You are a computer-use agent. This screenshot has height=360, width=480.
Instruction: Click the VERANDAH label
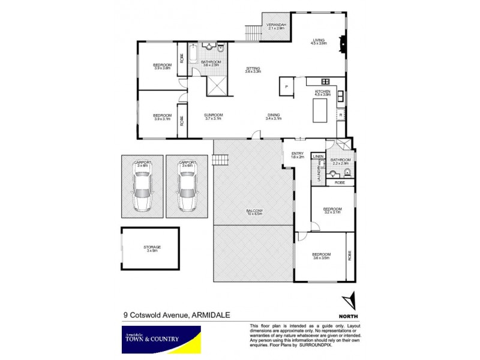click(x=278, y=25)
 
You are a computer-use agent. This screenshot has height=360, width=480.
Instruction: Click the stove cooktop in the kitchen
click(x=326, y=82)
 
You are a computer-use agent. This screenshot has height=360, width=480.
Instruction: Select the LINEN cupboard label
click(x=317, y=156)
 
